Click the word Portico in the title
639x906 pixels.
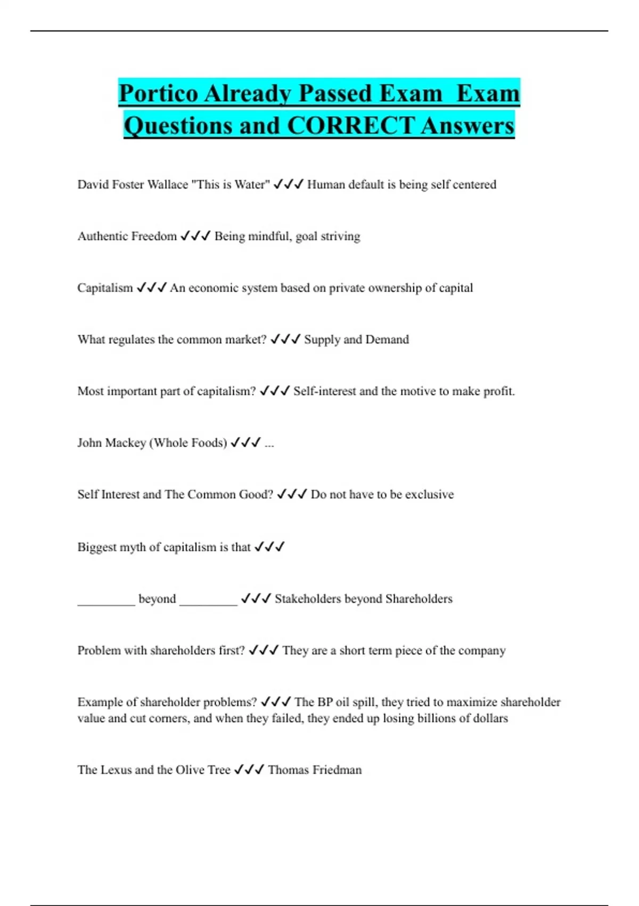coord(158,94)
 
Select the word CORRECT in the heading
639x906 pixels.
coord(350,126)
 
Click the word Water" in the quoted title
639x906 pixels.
coord(252,184)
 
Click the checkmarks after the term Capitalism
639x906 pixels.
coord(151,288)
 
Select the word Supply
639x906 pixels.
coord(322,339)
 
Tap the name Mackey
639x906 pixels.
coord(127,443)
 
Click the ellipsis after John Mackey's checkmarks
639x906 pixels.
coord(269,443)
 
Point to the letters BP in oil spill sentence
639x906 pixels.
coord(325,702)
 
